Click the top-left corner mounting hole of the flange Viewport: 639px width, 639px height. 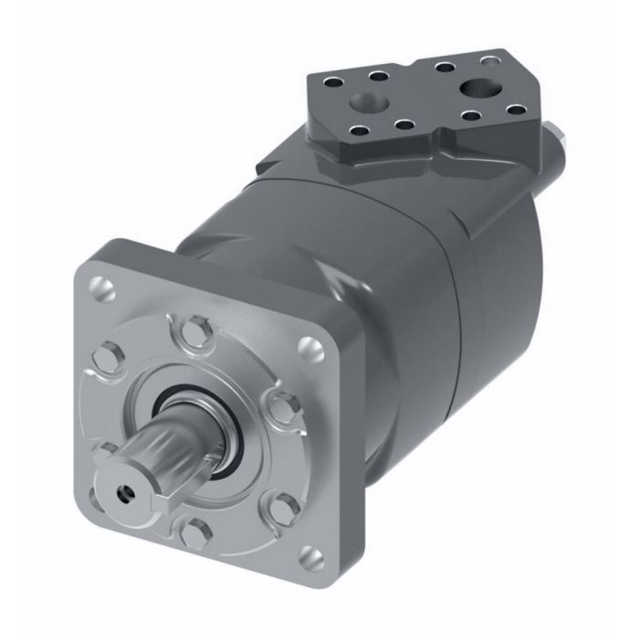[x=102, y=290]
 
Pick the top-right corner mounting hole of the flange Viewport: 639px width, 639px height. [x=313, y=346]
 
